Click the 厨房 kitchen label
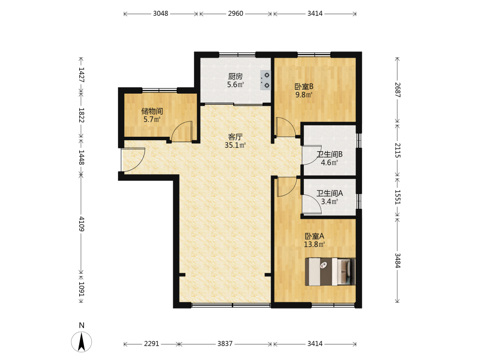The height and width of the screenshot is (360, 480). coord(235,76)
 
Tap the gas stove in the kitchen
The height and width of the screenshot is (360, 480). coord(265,80)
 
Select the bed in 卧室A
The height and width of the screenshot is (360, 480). coord(330,272)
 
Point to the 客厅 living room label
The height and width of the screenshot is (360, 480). coord(235,137)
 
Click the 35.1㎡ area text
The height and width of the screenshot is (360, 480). coord(235,145)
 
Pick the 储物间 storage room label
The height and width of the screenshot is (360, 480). coord(152,111)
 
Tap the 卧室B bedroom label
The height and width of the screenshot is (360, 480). coord(304,86)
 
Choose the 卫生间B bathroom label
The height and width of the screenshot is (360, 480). coord(329,154)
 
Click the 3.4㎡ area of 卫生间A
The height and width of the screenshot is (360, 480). coord(329,202)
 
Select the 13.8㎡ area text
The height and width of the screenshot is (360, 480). coord(314,244)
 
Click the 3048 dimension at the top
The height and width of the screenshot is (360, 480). coord(161,13)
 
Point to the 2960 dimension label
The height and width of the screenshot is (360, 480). coord(235,13)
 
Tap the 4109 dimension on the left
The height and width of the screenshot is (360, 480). coord(82,224)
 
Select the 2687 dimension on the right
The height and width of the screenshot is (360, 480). coord(397,90)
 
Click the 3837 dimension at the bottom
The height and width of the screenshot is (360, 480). coord(225,344)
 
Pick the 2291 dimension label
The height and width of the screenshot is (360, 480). coord(152,344)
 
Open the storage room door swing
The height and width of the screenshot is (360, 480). coord(182,132)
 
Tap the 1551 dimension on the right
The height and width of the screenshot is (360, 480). coord(397,197)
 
